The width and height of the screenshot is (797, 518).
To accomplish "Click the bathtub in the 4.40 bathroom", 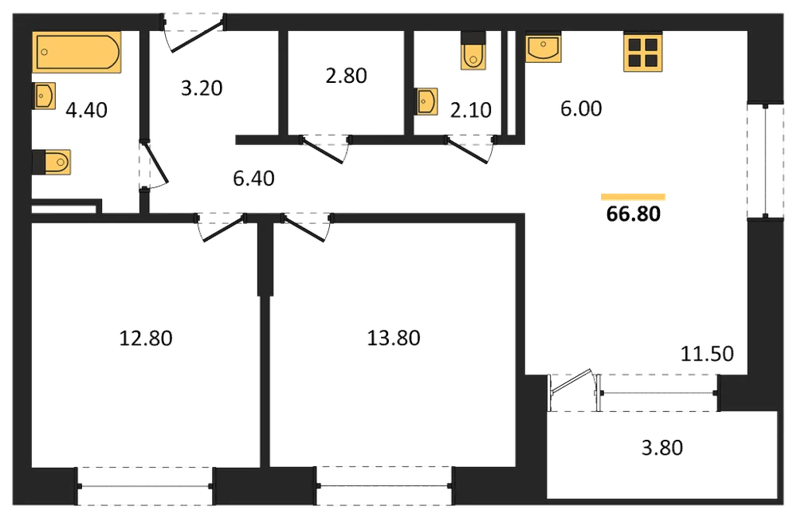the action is (x=77, y=52).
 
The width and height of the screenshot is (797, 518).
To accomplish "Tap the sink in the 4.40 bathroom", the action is (x=44, y=96).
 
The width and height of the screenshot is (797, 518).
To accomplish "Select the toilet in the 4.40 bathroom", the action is (x=51, y=162).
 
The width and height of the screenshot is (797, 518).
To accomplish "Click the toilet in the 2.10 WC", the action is (x=473, y=50).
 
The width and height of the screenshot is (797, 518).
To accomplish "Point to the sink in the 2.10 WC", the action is (x=426, y=102).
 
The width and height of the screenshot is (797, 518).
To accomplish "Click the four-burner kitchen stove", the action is (x=643, y=53).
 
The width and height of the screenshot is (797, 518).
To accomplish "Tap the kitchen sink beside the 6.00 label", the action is (x=544, y=47).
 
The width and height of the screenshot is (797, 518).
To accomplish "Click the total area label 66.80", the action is (x=634, y=214).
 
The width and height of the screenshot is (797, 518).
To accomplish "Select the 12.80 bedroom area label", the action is (x=146, y=338).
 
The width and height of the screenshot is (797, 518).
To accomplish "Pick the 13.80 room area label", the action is (x=394, y=338).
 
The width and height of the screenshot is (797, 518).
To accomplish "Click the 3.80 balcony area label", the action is (x=662, y=448).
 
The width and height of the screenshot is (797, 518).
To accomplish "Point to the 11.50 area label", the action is (x=707, y=354).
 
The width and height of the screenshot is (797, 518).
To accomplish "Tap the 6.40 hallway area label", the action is (x=253, y=179).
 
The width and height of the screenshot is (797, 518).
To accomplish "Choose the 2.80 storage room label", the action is (x=346, y=76).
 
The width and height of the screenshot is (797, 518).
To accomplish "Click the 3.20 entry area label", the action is (x=202, y=88).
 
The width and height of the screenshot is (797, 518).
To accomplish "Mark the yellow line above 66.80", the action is (x=633, y=197).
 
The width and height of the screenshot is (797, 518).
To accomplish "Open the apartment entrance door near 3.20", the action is (x=195, y=36).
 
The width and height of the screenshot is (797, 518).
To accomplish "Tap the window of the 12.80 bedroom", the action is (x=145, y=486).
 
